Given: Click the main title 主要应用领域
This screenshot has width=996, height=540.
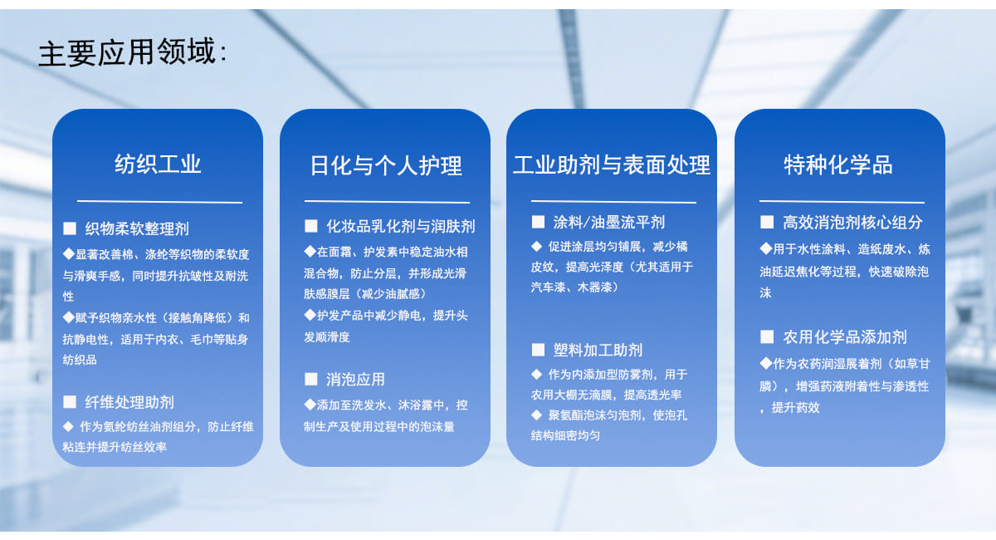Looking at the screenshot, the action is point(128,52).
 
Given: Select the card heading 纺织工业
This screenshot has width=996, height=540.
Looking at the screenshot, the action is point(158,164).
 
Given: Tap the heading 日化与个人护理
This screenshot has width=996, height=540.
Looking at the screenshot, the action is point(386,165).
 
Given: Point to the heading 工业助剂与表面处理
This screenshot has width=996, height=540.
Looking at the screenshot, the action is point(612,164).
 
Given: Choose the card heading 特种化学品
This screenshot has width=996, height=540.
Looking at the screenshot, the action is point(838,164).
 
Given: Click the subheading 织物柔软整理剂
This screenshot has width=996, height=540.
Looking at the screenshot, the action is point(137,228).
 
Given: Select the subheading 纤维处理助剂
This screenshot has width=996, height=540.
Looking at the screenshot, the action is point(129,402).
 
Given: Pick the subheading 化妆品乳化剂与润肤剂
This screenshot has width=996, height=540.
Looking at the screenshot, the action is point(401,226).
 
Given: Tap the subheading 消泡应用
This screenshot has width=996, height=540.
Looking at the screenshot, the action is point(355,380).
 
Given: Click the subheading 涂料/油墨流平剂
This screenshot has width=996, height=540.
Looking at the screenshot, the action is point(608,222).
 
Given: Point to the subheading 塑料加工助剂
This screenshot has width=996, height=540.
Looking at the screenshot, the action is point(598,351).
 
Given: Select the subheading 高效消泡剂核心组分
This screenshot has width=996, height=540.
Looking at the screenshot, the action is point(852,222).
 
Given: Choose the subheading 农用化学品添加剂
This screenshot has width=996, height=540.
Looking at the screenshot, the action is point(845,337).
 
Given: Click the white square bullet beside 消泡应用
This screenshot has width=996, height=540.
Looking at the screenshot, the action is point(310,380).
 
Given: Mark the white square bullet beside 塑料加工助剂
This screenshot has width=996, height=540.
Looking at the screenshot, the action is point(538,350).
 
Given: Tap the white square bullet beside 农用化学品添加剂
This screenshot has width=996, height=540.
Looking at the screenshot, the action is point(767,336).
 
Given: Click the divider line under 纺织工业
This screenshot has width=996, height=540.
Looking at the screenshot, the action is point(159,202).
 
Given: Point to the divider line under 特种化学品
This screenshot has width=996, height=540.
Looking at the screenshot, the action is point(842,202).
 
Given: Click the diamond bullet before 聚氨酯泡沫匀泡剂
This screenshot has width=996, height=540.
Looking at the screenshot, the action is point(537,415).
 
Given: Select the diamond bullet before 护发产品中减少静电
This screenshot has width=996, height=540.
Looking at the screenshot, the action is point(310,315).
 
